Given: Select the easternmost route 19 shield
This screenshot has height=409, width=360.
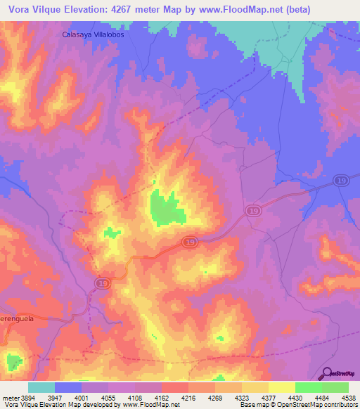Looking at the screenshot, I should click(340, 182).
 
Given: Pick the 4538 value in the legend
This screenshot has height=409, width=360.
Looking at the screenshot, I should click(348, 398).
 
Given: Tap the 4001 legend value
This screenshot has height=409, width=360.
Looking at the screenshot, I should click(81, 398).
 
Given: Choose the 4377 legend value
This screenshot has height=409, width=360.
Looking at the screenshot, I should click(268, 398).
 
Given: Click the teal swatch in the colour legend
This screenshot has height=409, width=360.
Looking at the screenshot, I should click(41, 387).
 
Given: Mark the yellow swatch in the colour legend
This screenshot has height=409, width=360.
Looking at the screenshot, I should click(281, 387).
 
